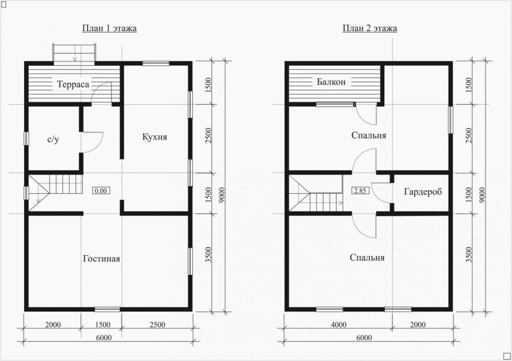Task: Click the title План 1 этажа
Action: pos(109,28)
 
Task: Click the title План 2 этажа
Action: pos(370,28)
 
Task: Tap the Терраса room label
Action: pos(73,84)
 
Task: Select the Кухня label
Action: pos(155,137)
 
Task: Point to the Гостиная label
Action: pos(101,259)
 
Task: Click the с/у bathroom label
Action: pos(53,140)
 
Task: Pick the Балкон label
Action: pos(331,82)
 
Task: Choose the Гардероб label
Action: pos(423,191)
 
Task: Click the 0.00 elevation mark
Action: pos(101,190)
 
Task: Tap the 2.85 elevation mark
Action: pos(360,190)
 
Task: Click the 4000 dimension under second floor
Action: pos(339,325)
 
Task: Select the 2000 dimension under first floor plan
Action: pos(53,325)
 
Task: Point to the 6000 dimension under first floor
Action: pos(104,338)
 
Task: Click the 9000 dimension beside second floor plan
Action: pos(483,194)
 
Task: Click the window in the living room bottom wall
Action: pos(107,309)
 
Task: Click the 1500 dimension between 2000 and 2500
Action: pos(102,325)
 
